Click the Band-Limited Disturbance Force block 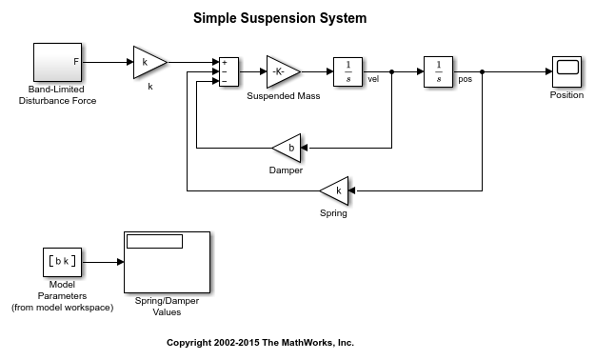click(x=58, y=62)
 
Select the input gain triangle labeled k click(x=149, y=63)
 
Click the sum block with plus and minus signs click(x=228, y=71)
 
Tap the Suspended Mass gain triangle click(x=283, y=71)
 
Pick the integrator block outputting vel click(x=348, y=71)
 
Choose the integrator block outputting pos click(x=438, y=71)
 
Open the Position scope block click(x=567, y=71)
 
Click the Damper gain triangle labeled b click(x=287, y=149)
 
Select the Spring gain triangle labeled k click(x=334, y=190)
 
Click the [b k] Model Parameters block click(x=62, y=262)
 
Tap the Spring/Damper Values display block click(x=167, y=263)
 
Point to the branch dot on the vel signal click(x=391, y=71)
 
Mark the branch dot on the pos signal click(x=482, y=71)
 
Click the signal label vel click(x=373, y=79)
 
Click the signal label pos click(x=465, y=79)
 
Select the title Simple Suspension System click(x=280, y=18)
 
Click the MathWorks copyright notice click(x=260, y=343)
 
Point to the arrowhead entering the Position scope click(x=548, y=71)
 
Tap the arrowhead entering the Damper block click(x=305, y=149)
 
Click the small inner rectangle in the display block click(x=155, y=242)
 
